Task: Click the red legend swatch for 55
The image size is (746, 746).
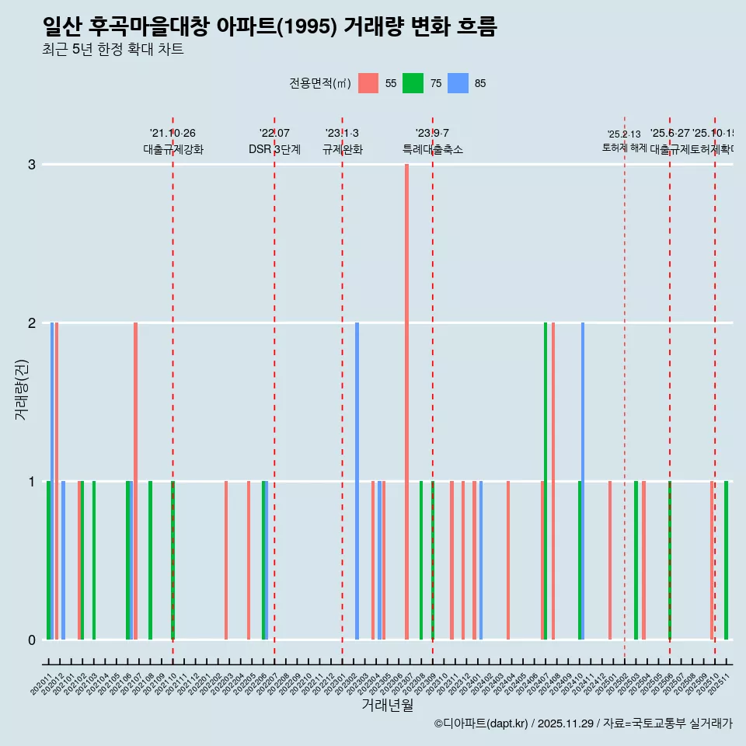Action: (x=368, y=83)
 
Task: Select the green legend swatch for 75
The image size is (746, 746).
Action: (x=413, y=83)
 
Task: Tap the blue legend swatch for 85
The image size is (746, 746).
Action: (x=458, y=83)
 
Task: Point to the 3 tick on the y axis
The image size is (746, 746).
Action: (x=32, y=165)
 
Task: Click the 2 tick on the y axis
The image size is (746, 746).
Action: (x=32, y=323)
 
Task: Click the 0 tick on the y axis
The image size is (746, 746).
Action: (x=32, y=640)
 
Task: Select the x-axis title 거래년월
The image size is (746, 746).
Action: (x=387, y=705)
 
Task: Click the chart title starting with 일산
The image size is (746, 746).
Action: (x=270, y=27)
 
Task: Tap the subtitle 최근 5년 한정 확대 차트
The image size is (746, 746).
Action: (x=113, y=51)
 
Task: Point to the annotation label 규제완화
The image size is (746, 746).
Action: (x=343, y=149)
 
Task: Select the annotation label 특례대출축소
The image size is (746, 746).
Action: (x=433, y=149)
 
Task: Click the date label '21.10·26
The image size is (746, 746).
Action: (x=173, y=134)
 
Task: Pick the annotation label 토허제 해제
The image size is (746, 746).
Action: (x=624, y=147)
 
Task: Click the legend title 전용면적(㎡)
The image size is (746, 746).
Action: (x=320, y=84)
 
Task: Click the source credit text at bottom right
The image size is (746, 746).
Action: (x=583, y=723)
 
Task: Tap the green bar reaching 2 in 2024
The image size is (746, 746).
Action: (x=546, y=481)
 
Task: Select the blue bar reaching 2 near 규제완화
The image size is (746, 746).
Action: (x=357, y=481)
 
